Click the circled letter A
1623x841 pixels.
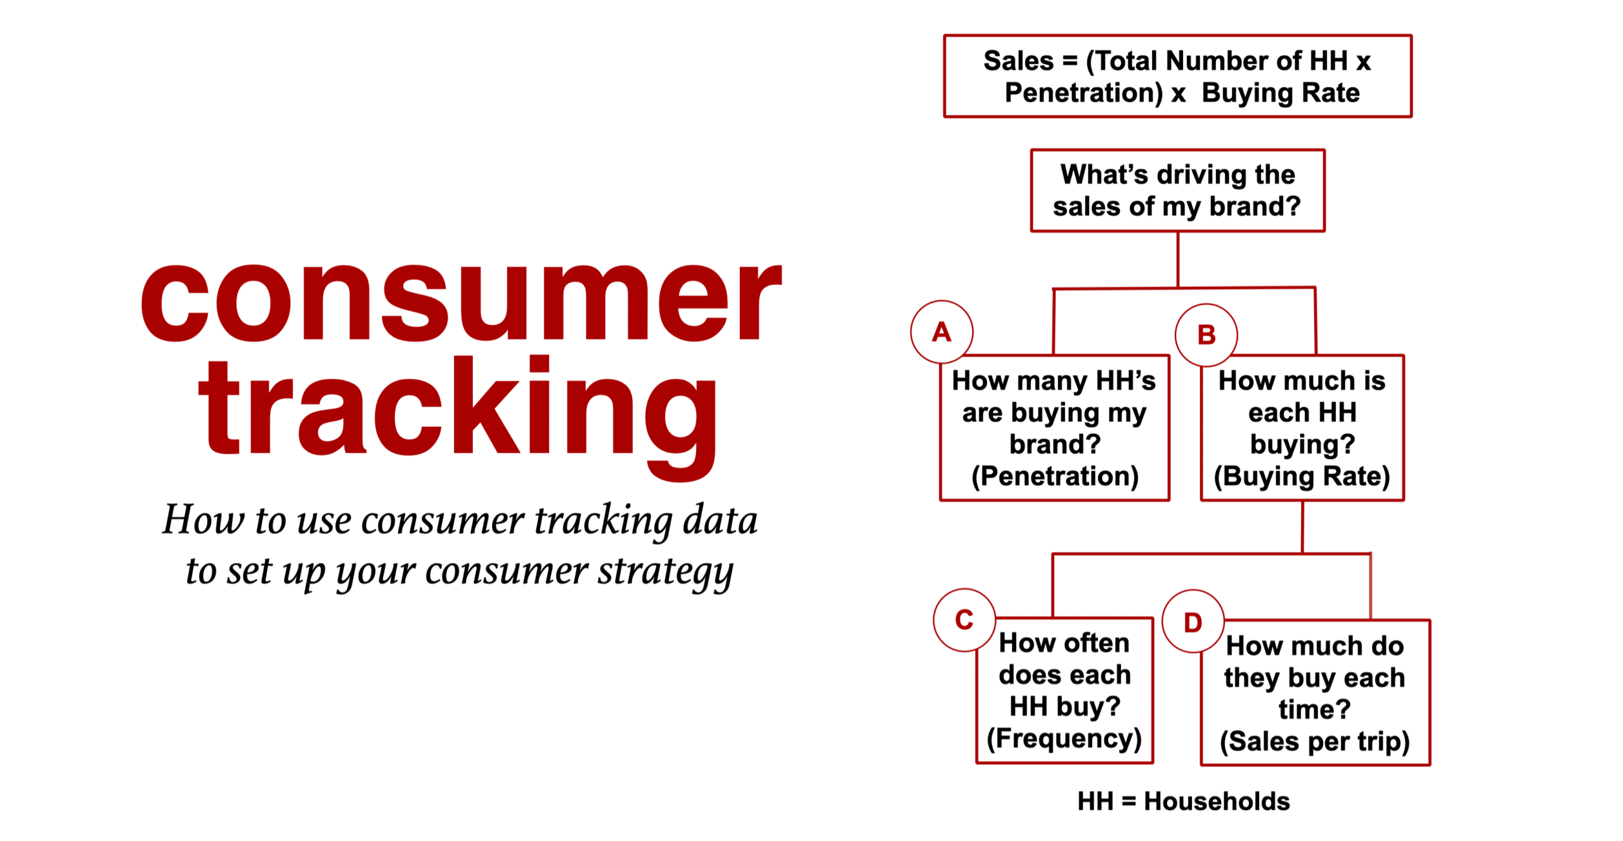point(941,332)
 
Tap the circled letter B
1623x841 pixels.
point(1206,335)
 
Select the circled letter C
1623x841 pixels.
point(964,620)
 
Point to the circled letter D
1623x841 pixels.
point(1193,622)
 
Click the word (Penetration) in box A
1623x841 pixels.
point(1055,476)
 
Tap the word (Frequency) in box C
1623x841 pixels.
point(1064,738)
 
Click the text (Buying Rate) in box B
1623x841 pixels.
point(1302,476)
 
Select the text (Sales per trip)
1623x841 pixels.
point(1315,741)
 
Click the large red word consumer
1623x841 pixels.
point(461,302)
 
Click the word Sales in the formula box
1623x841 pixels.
point(1018,61)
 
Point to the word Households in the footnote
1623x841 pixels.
point(1217,801)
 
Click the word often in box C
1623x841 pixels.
point(1097,642)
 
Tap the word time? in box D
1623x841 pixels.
point(1314,709)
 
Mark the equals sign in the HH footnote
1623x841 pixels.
point(1128,802)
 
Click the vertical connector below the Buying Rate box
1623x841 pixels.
point(1302,527)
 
